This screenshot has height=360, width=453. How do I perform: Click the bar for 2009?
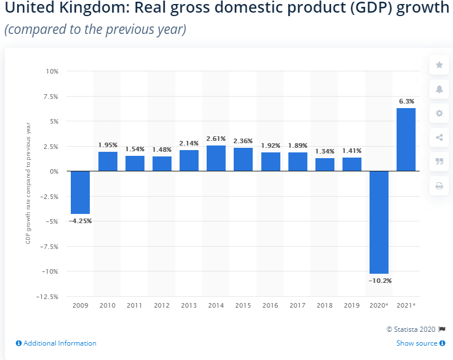point(80,193)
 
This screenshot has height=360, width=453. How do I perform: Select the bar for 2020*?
point(379,222)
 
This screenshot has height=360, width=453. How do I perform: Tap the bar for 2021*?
point(406,140)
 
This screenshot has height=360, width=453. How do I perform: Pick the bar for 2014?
point(216,158)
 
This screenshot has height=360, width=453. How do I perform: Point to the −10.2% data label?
point(379,280)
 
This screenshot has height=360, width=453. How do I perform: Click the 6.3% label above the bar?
point(406,101)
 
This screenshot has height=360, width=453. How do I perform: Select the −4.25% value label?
point(80,220)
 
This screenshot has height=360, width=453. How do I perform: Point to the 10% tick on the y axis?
point(52,71)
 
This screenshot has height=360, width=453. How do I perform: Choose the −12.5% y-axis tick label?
point(48,297)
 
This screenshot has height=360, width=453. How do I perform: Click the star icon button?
point(439,65)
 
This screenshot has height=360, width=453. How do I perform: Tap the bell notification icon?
point(439,89)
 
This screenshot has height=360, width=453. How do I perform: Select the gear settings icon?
point(439,113)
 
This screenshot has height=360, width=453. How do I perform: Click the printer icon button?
point(439,186)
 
